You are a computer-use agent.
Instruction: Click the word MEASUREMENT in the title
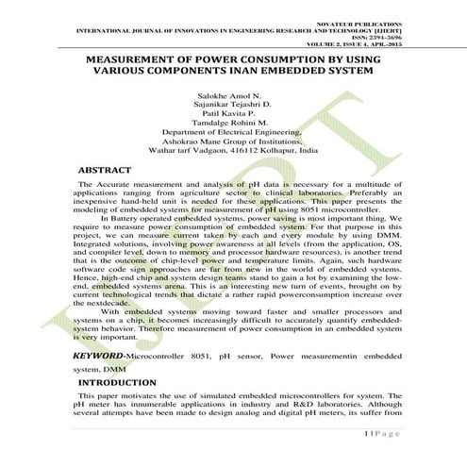pos(138,58)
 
